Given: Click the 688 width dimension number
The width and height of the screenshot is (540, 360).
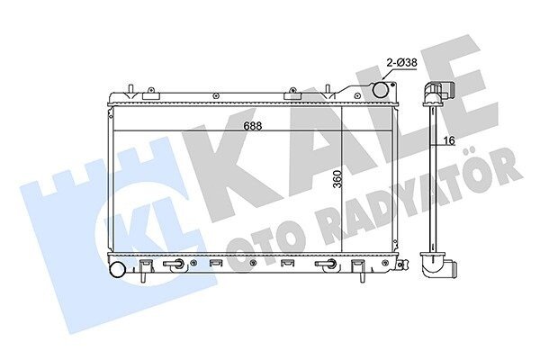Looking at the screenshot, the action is (252, 126).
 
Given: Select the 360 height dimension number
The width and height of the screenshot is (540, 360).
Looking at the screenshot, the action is (338, 179).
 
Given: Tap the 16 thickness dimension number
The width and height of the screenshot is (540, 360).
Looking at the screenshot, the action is (449, 140).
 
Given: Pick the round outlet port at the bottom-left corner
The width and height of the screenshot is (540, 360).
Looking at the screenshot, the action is (117, 269).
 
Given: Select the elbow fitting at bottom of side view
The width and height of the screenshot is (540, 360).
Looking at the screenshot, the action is (438, 265).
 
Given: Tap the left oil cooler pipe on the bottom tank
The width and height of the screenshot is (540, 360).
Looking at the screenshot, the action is (174, 264).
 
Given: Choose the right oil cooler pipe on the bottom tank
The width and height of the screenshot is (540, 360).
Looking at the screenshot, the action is (326, 264).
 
